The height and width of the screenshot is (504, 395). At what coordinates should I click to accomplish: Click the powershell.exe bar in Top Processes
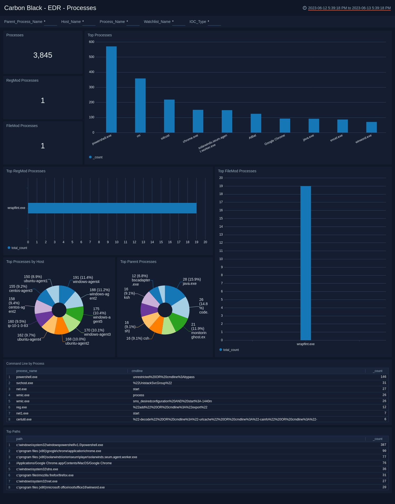111,90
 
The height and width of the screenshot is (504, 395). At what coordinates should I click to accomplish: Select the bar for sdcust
169,116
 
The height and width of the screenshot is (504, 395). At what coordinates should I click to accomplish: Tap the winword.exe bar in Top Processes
371,127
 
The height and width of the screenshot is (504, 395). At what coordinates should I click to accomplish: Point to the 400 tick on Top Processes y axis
92,72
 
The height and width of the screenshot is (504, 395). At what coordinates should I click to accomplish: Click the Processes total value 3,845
43,55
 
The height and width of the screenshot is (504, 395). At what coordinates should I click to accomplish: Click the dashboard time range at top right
349,8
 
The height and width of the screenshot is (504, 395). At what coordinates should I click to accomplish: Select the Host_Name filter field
89,22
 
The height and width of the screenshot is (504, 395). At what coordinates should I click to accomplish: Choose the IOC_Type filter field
214,22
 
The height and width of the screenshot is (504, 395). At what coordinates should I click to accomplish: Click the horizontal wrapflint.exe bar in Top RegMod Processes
112,208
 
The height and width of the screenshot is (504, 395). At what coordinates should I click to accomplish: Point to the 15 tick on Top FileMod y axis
221,218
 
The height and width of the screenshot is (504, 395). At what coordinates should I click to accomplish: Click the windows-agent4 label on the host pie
86,282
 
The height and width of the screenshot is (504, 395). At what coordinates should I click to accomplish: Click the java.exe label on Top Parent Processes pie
190,283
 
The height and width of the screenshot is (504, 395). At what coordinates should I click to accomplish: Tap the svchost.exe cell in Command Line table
24,383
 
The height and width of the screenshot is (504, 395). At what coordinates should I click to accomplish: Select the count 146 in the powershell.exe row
383,377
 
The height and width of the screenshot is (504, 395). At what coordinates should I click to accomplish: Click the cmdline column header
137,371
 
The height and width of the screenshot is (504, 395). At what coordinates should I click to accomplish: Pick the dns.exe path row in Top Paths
37,469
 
